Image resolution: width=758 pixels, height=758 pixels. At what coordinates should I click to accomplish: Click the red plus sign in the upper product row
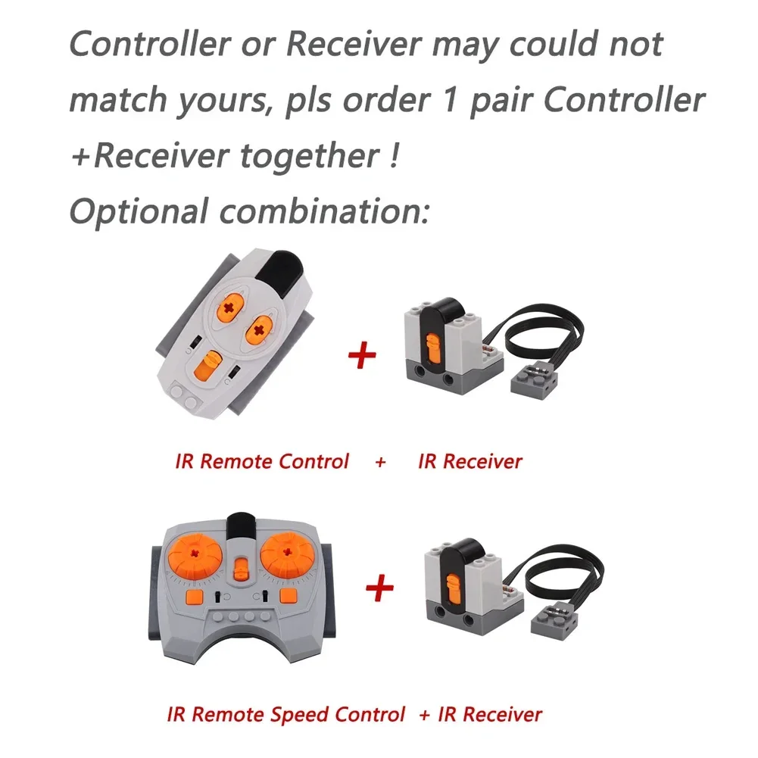pos(362,355)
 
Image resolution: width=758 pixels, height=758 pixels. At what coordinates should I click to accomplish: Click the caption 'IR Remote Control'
pos(262,461)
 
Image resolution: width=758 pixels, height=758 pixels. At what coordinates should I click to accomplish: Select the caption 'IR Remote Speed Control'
pos(285,713)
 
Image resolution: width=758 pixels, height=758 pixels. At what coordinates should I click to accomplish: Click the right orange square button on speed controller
pos(289,596)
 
